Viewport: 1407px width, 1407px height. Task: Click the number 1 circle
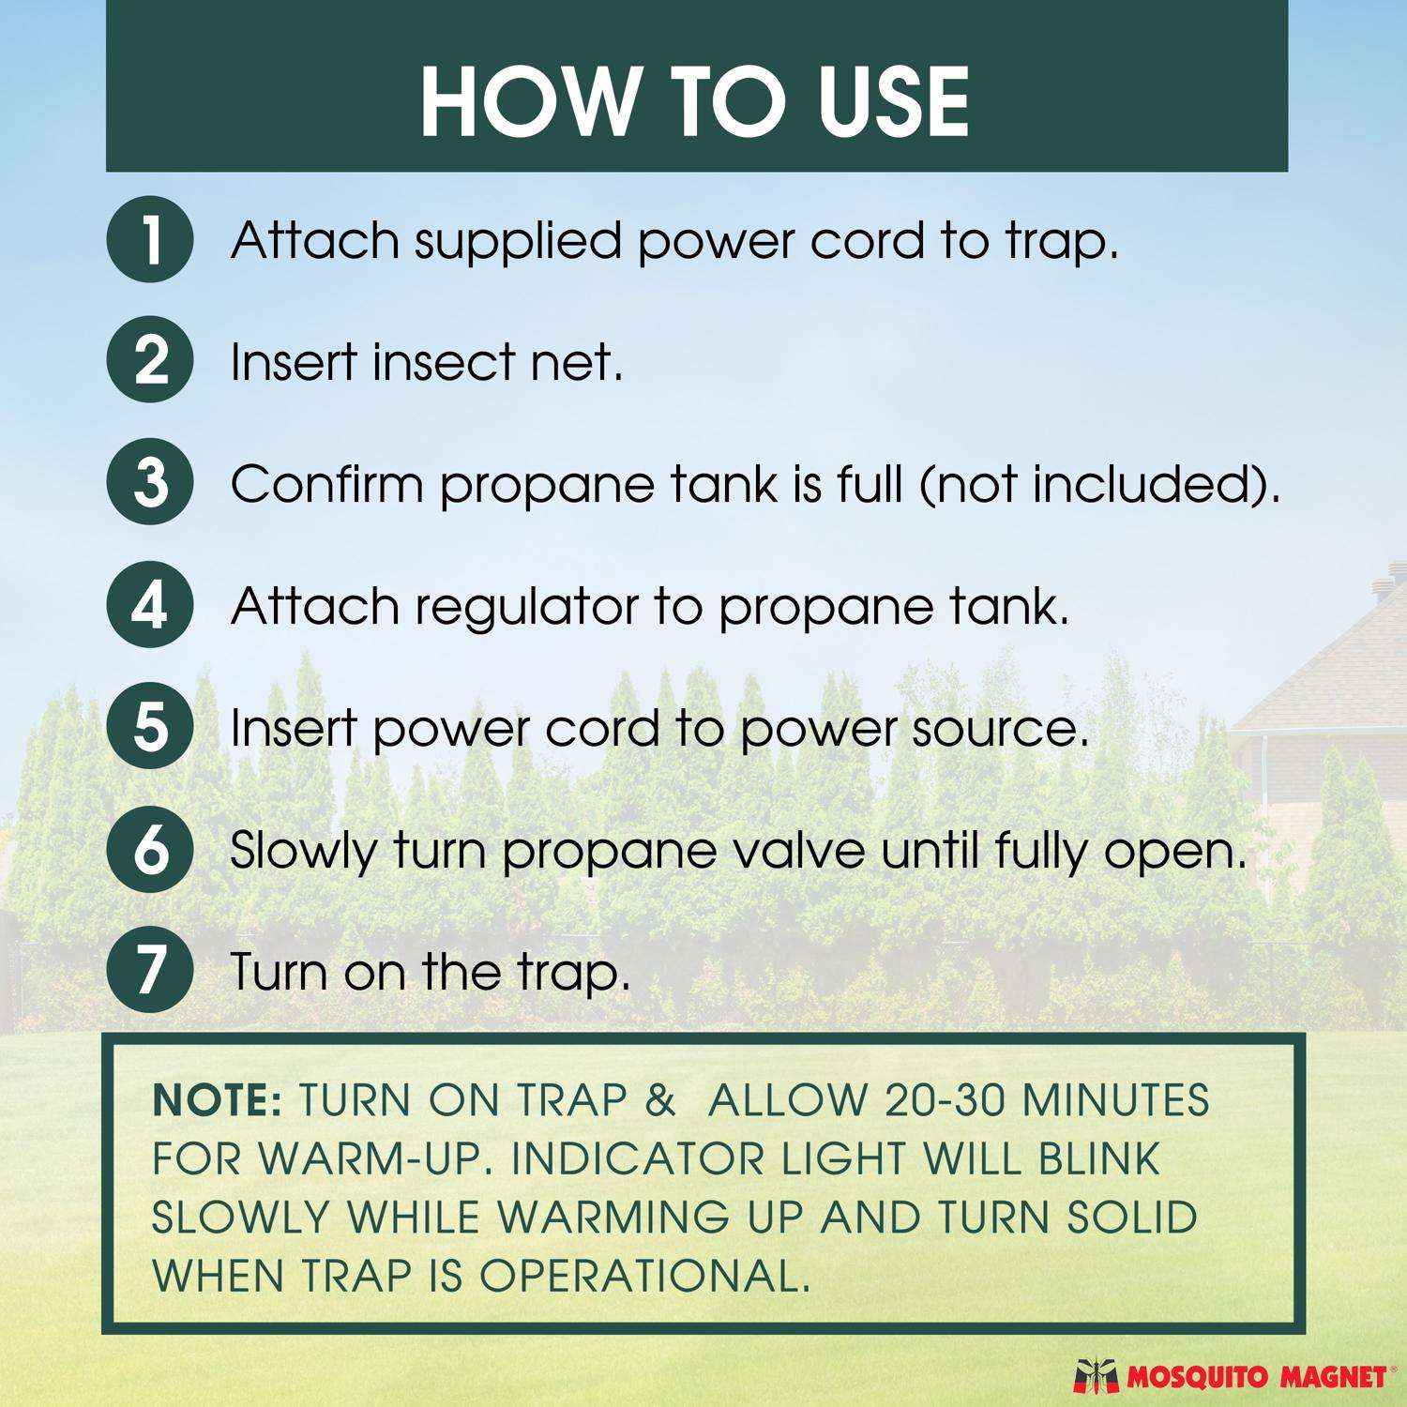tap(150, 240)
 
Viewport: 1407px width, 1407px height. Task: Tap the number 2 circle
tap(150, 362)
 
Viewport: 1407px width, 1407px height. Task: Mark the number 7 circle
tap(150, 970)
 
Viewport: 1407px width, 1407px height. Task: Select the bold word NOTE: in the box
tap(217, 1101)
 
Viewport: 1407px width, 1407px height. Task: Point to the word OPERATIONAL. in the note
tap(644, 1276)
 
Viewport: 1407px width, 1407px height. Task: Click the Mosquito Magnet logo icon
tap(1095, 1376)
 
